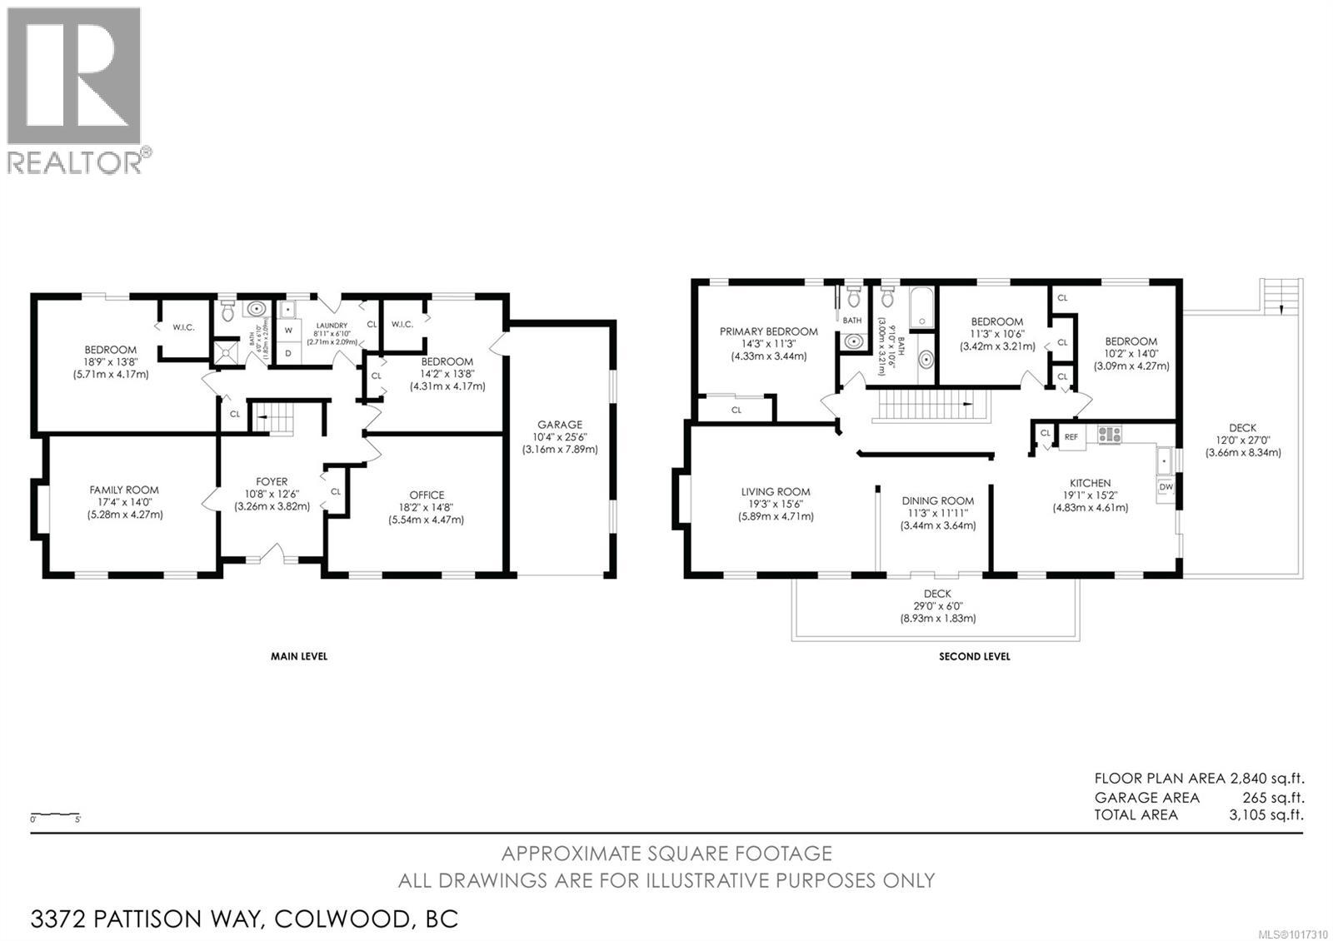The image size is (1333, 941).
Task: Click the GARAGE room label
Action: click(x=559, y=424)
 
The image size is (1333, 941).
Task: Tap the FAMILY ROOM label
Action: click(x=124, y=490)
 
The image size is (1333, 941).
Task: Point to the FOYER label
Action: click(x=272, y=481)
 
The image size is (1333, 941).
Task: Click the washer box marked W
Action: click(x=288, y=330)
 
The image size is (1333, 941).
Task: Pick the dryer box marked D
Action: click(x=288, y=353)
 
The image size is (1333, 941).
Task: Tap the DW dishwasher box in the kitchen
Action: click(x=1166, y=487)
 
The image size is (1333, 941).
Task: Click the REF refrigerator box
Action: click(x=1071, y=436)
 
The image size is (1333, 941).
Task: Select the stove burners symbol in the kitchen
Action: click(x=1110, y=433)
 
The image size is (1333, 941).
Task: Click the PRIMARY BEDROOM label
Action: click(x=768, y=331)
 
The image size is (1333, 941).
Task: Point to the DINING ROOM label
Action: click(x=937, y=500)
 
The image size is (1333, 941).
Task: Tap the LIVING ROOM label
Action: click(x=775, y=492)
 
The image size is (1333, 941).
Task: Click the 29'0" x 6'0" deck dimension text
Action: click(x=937, y=606)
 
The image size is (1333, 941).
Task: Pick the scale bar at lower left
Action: click(x=56, y=814)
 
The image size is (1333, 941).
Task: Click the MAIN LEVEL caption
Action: click(x=298, y=656)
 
